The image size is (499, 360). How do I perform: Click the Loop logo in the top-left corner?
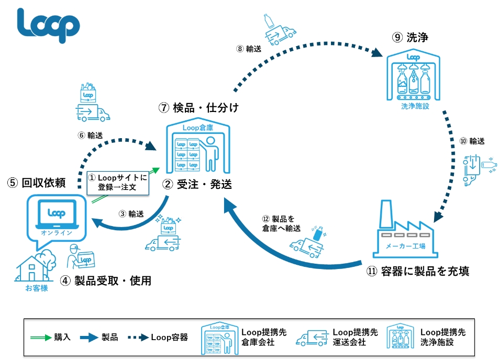48,26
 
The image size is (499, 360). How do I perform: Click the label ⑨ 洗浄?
410,38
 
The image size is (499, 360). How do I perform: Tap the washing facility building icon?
414,75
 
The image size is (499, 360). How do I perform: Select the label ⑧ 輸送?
249,49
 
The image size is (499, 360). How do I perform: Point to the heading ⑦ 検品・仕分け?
198,108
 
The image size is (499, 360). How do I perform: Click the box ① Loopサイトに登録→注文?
118,183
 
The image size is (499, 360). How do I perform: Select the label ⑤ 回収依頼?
36,183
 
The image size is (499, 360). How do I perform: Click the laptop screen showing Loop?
57,212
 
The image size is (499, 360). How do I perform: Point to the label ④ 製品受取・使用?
106,281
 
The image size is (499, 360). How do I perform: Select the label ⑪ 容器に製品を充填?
418,271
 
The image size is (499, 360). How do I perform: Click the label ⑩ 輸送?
472,141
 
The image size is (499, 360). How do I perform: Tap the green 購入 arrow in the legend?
41,337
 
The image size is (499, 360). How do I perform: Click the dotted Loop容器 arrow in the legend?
138,337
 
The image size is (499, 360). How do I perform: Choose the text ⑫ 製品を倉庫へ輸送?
281,223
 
